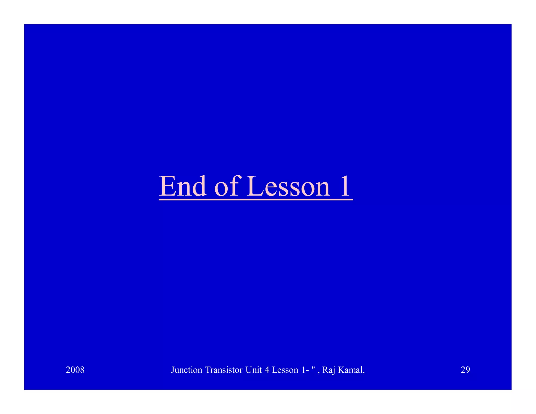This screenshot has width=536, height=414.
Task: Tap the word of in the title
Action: [x=226, y=186]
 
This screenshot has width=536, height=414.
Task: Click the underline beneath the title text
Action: [x=256, y=200]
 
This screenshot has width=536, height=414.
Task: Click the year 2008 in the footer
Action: [x=75, y=370]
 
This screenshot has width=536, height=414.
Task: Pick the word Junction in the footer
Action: [x=187, y=370]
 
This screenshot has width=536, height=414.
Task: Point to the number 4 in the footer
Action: [x=267, y=370]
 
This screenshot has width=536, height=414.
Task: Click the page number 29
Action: [x=465, y=370]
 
